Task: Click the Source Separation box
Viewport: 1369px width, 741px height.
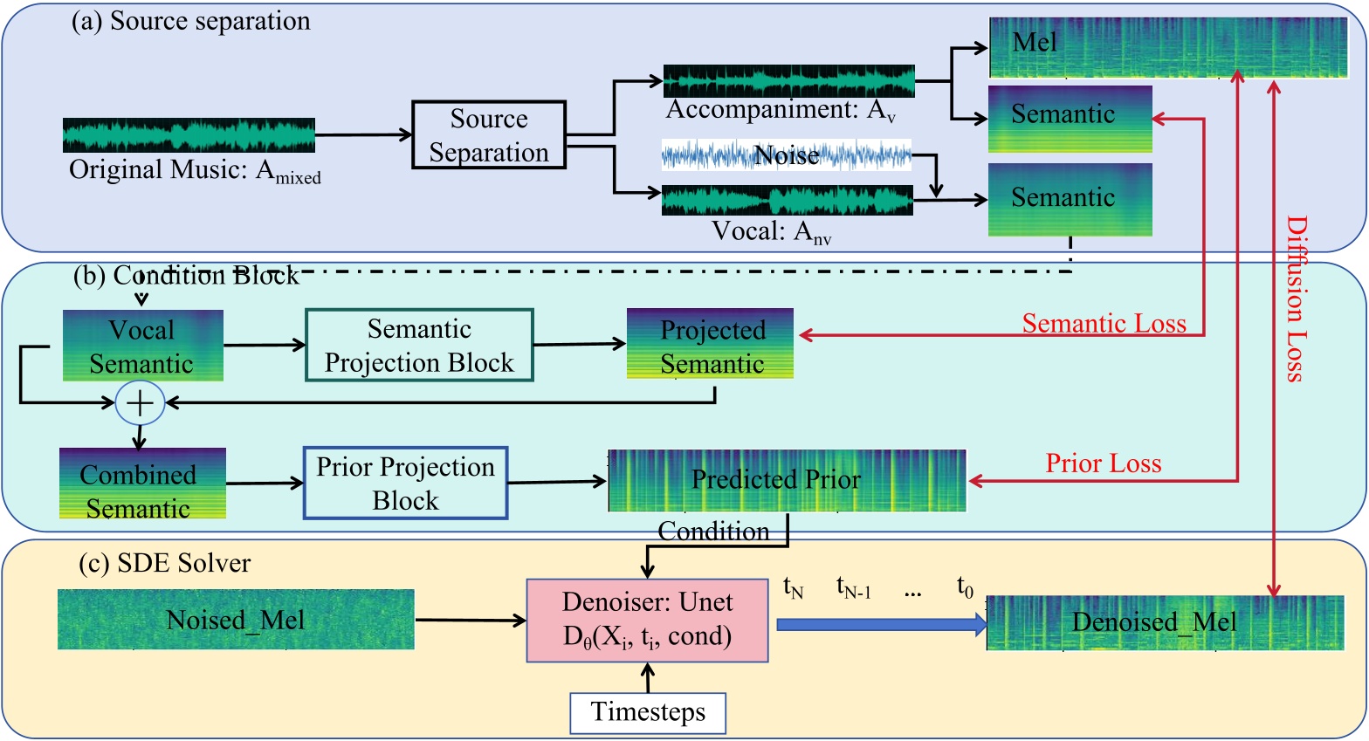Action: pyautogui.click(x=489, y=135)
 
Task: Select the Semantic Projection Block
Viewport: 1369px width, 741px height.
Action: pyautogui.click(x=419, y=346)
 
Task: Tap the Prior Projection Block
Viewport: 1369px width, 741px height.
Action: pyautogui.click(x=405, y=484)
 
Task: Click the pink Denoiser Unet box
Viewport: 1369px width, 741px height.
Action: pyautogui.click(x=647, y=620)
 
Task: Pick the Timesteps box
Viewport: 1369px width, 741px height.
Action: pyautogui.click(x=648, y=712)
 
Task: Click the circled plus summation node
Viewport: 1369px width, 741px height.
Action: pyautogui.click(x=140, y=402)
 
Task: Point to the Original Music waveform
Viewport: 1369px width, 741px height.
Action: pyautogui.click(x=189, y=135)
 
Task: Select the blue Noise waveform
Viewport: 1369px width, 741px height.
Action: pyautogui.click(x=786, y=155)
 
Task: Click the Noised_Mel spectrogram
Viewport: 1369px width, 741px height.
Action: pyautogui.click(x=236, y=620)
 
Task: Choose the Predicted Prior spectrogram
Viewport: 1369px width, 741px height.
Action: pyautogui.click(x=787, y=480)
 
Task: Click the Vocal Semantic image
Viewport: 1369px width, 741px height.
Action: pyautogui.click(x=142, y=346)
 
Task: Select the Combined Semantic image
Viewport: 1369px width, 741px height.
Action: pyautogui.click(x=142, y=484)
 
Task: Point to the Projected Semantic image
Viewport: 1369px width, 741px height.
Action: pyautogui.click(x=710, y=344)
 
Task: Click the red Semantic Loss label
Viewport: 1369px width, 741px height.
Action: pyautogui.click(x=1104, y=324)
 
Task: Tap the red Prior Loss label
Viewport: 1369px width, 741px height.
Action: pyautogui.click(x=1104, y=463)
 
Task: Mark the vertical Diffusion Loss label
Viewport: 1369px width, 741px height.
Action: pyautogui.click(x=1296, y=299)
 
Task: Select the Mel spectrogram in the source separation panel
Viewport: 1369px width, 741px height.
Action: pyautogui.click(x=1168, y=47)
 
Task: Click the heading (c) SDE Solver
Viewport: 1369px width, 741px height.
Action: pyautogui.click(x=164, y=564)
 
